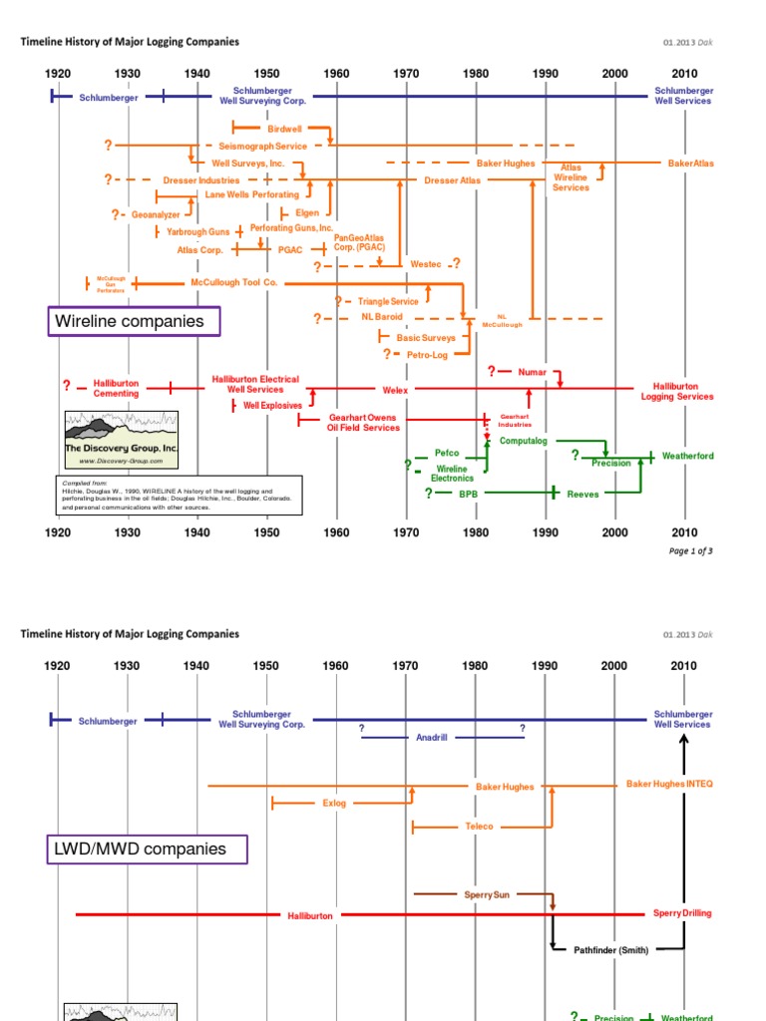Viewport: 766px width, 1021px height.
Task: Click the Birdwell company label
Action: (x=284, y=129)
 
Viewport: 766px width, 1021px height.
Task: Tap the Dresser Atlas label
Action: (x=452, y=180)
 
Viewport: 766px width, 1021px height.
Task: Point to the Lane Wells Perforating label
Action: (x=251, y=194)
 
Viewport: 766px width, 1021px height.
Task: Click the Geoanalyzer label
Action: (x=156, y=213)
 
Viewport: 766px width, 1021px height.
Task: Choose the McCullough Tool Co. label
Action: (x=234, y=283)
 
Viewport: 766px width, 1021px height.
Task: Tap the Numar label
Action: (x=533, y=372)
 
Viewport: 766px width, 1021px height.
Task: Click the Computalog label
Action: (x=524, y=440)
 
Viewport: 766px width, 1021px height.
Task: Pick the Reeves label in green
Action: (x=583, y=494)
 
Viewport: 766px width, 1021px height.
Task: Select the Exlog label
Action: (x=334, y=803)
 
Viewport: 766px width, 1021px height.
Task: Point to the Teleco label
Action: (x=479, y=827)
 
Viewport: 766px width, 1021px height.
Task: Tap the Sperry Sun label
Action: (x=487, y=895)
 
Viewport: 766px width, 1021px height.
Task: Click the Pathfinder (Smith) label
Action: (x=611, y=950)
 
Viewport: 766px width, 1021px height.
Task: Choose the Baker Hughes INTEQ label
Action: (x=669, y=785)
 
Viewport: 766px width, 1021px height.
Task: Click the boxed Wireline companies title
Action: (x=134, y=321)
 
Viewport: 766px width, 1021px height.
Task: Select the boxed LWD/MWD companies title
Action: (x=148, y=850)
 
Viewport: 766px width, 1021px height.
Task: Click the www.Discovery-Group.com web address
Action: (x=122, y=462)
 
